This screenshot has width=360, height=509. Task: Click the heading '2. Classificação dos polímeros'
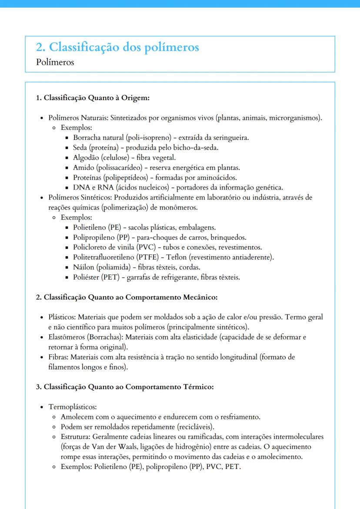(117, 47)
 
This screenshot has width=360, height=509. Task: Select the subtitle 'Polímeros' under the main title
(55, 62)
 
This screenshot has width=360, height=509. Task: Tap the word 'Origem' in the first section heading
(136, 98)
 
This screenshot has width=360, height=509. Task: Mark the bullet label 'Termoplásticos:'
(72, 407)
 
